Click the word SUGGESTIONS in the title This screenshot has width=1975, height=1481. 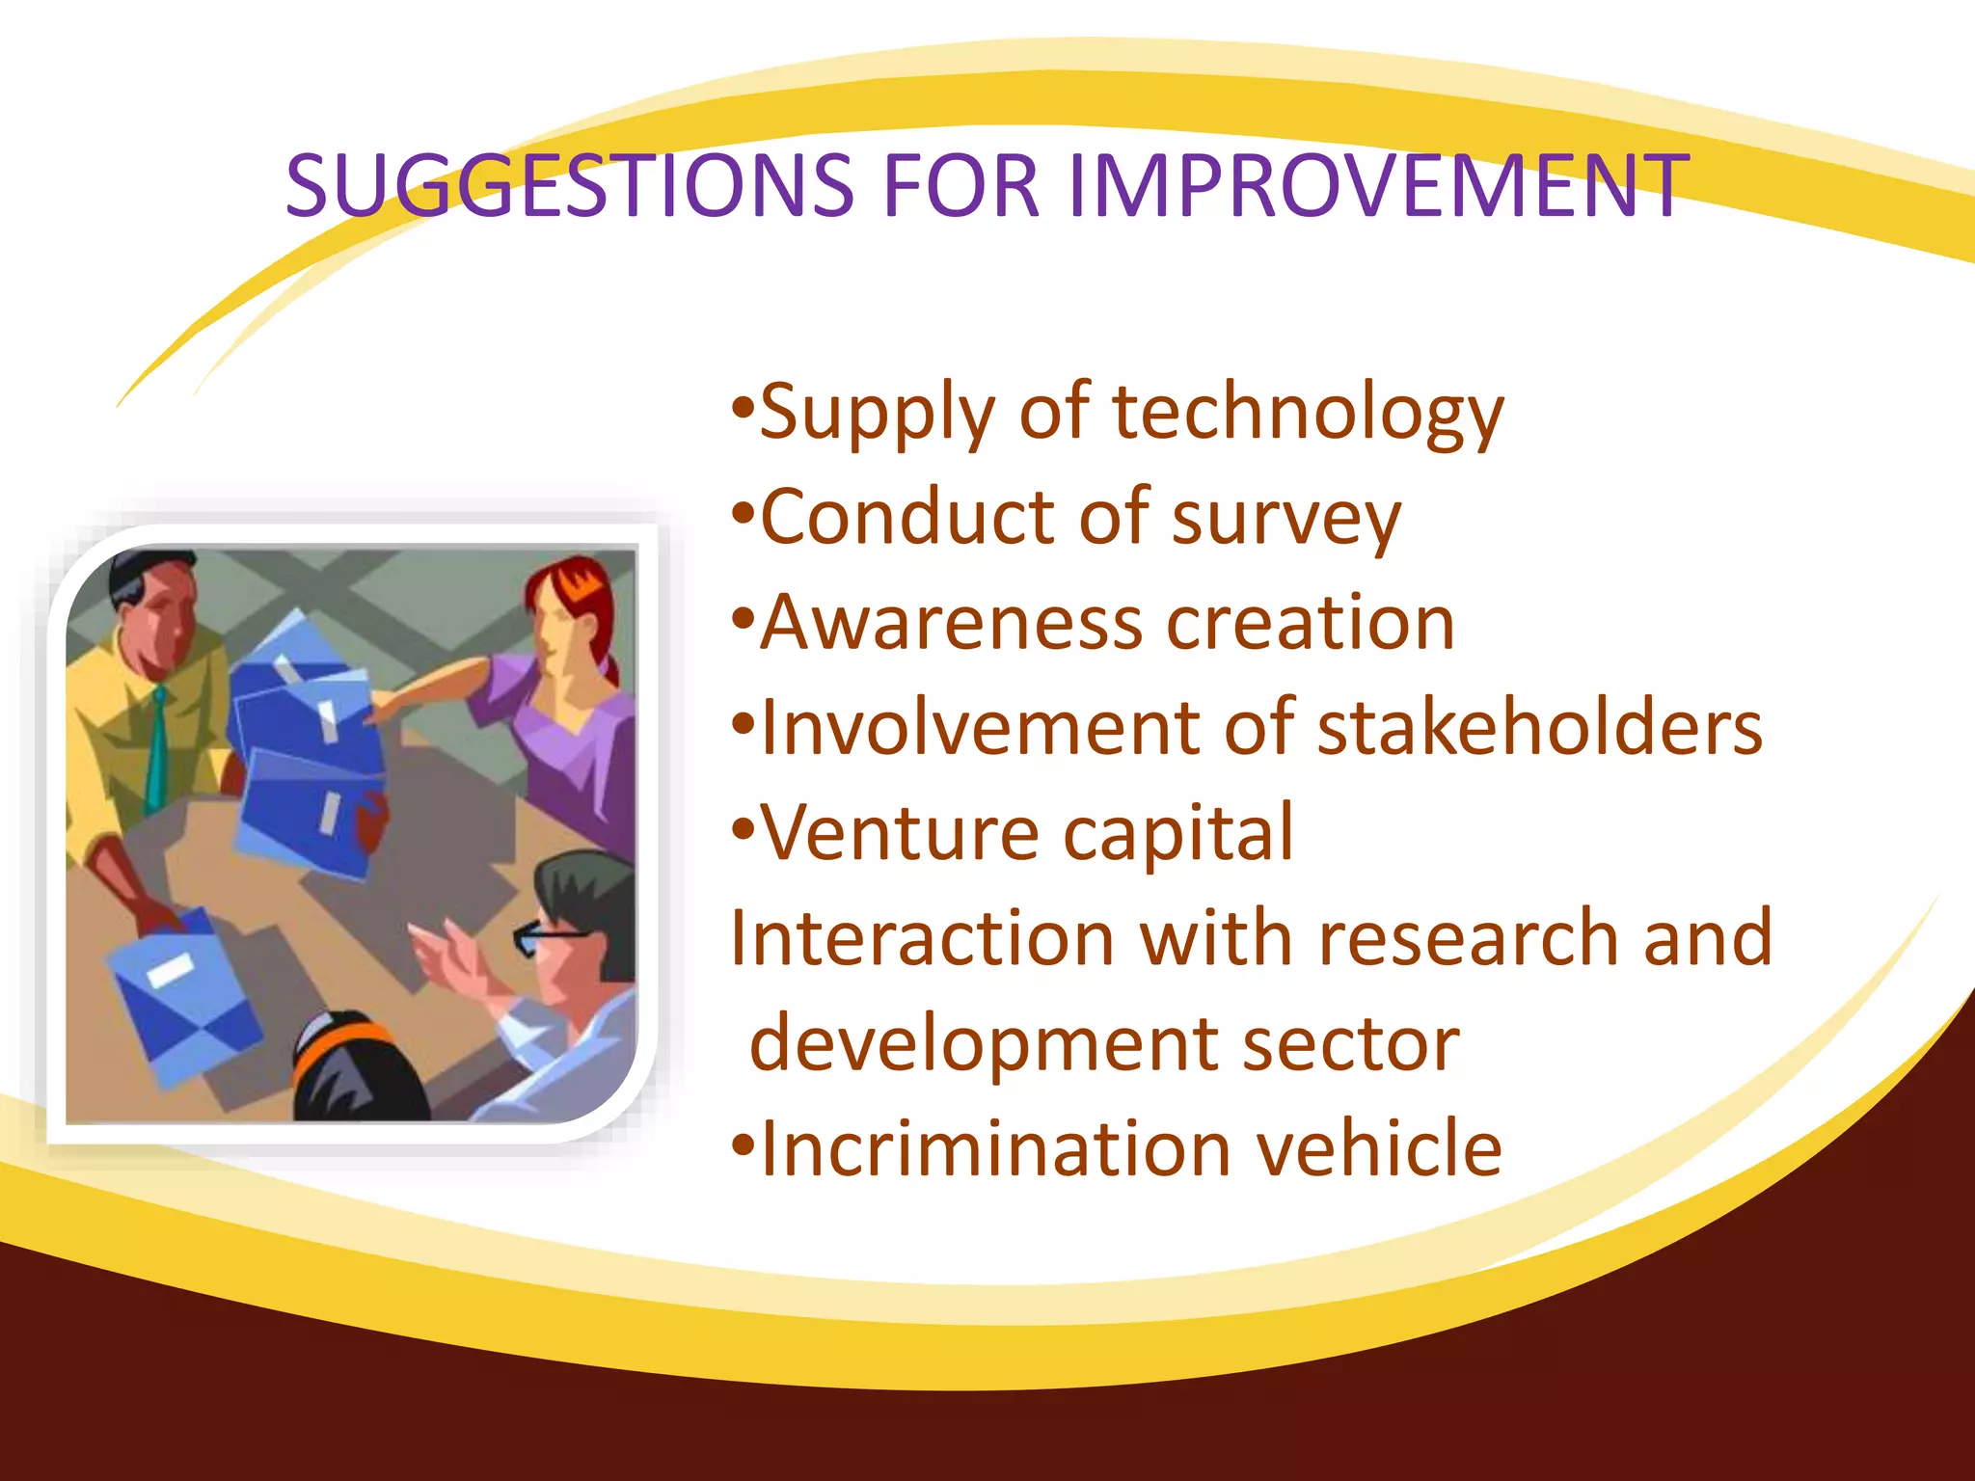coord(569,185)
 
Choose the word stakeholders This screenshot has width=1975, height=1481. coord(1540,728)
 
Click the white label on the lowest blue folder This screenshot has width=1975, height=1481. coord(172,970)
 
